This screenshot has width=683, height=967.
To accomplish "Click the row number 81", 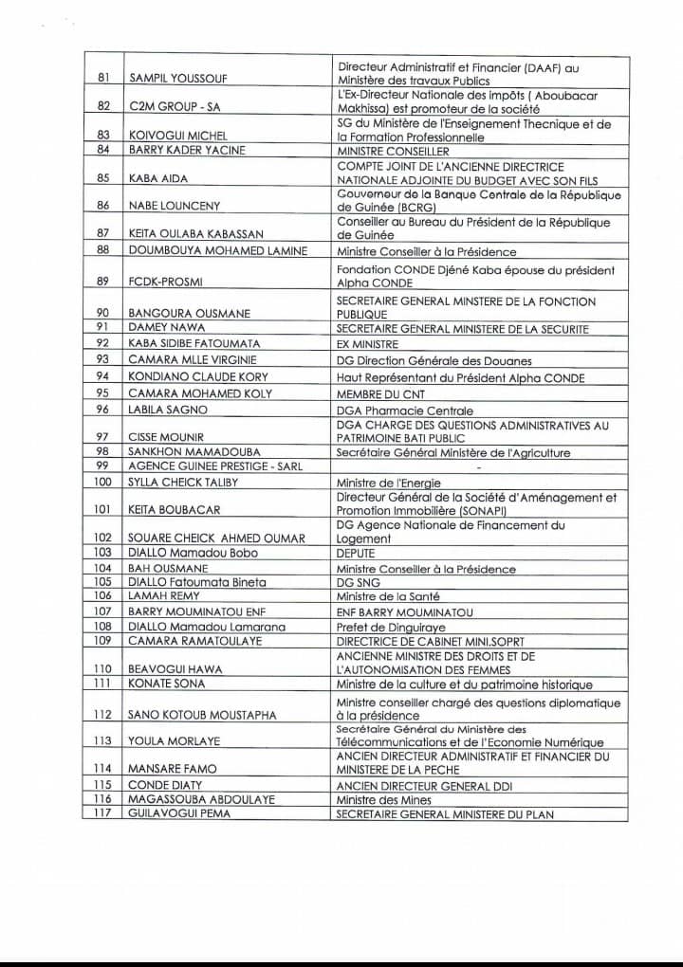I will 104,77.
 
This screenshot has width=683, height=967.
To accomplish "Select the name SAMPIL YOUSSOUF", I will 177,77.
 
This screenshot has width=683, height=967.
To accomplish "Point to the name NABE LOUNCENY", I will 173,206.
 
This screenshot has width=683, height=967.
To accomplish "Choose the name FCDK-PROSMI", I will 166,282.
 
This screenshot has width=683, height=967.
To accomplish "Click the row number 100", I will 104,483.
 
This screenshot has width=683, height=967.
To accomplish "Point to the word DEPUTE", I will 356,553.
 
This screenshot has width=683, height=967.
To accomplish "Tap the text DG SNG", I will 358,582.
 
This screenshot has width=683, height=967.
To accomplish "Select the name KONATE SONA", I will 166,684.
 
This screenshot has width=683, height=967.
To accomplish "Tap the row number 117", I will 104,813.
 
